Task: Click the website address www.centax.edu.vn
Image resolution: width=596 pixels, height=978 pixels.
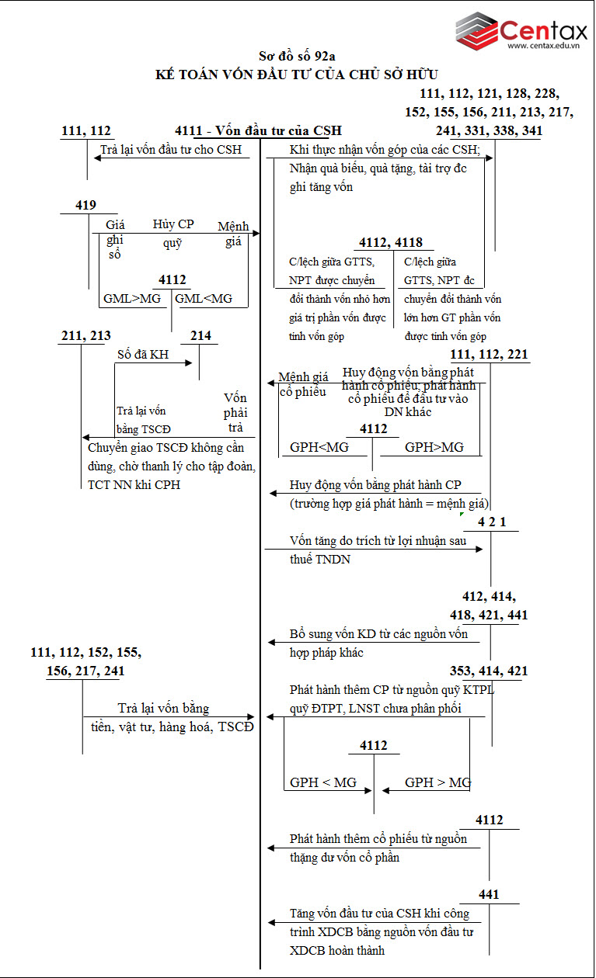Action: pos(544,47)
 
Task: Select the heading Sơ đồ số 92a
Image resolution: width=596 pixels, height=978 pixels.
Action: pos(297,56)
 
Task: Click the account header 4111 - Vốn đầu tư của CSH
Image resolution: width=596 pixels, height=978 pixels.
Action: pos(259,130)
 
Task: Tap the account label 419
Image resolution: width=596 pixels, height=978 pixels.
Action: pos(85,205)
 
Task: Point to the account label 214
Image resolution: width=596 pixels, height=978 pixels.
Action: pos(200,336)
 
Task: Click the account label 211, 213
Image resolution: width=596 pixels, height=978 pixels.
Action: pos(85,336)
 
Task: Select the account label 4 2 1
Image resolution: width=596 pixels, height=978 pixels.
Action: pos(492,522)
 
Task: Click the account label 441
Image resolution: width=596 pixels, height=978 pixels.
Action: pos(489,895)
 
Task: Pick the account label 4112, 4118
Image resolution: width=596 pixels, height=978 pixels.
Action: pos(391,243)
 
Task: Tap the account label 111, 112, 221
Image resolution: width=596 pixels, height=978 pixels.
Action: pos(490,355)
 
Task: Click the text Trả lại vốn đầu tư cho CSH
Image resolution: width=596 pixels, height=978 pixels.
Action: pos(171,150)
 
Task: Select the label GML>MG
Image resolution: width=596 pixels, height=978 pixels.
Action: pos(131,298)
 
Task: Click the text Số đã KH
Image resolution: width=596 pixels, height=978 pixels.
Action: pos(143,354)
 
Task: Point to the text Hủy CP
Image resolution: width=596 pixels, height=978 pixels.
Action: pos(173,224)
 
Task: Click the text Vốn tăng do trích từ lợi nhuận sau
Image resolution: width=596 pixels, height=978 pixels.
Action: pos(378,540)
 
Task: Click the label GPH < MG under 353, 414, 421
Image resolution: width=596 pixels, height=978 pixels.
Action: pos(323,782)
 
